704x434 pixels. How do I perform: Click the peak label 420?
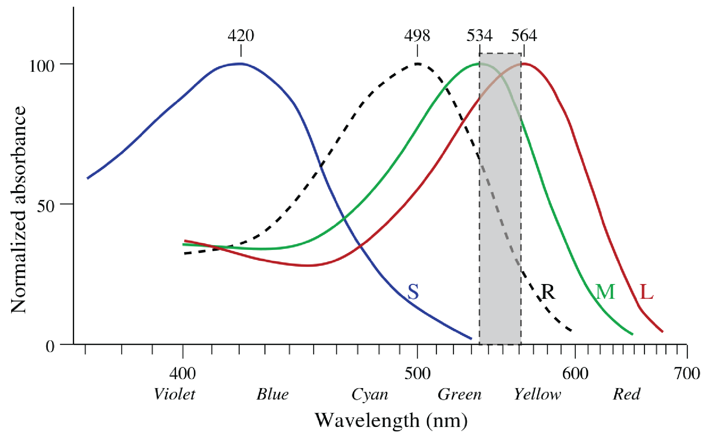point(241,36)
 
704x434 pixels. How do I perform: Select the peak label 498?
point(417,36)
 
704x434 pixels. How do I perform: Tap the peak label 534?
point(479,36)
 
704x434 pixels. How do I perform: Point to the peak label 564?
point(524,36)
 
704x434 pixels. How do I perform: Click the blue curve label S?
point(413,292)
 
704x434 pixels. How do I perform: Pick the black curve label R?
point(548,292)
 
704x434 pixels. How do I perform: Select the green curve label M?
point(605,292)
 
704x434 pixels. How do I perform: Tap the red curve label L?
point(647,292)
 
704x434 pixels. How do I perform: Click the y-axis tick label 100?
point(42,66)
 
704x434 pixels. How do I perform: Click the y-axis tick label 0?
point(50,347)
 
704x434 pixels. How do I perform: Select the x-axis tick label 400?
point(182,373)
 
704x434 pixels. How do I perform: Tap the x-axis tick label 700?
point(687,373)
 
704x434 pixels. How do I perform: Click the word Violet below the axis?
point(174,394)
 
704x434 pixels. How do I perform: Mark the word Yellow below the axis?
point(537,394)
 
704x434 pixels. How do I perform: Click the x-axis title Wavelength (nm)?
point(391,421)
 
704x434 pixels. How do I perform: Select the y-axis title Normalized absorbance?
point(19,209)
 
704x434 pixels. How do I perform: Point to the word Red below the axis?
point(626,394)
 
